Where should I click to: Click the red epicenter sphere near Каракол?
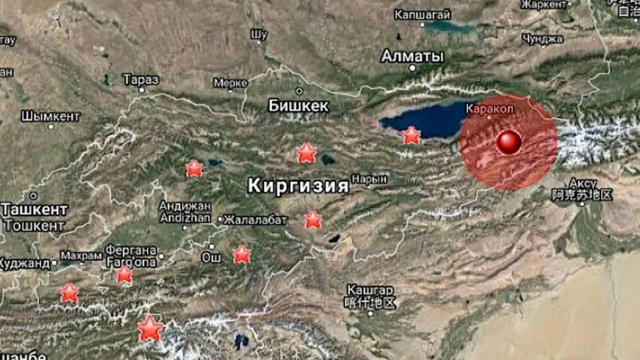click(x=508, y=142)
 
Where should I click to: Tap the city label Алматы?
click(x=412, y=56)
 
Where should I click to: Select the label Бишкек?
click(x=298, y=105)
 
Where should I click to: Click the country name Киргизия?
click(x=298, y=186)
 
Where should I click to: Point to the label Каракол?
click(x=489, y=108)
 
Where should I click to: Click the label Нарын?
click(x=369, y=178)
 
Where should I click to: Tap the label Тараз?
click(x=141, y=79)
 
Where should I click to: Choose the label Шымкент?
click(x=50, y=116)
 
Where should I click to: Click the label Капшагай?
click(x=422, y=14)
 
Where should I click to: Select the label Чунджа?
click(x=542, y=39)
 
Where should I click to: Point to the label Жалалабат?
click(x=255, y=219)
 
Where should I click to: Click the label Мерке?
click(x=230, y=82)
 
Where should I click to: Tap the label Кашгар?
click(x=370, y=290)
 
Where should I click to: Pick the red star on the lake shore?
click(x=411, y=135)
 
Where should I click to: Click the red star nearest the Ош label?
click(x=241, y=254)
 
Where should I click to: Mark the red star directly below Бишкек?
click(x=306, y=152)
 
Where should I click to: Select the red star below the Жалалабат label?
click(x=313, y=219)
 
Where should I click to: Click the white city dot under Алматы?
click(x=412, y=68)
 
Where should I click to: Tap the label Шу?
click(x=259, y=34)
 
